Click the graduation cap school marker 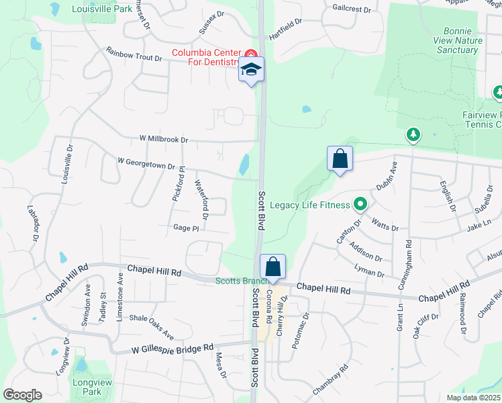click(251, 70)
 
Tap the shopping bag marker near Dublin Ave click(340, 159)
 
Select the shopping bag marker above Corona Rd click(272, 267)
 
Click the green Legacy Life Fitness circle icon click(360, 204)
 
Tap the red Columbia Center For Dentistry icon click(250, 54)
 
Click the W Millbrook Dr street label click(164, 139)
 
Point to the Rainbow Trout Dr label click(134, 54)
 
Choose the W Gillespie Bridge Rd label click(172, 349)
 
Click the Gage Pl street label click(186, 228)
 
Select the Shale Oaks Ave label click(152, 326)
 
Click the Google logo click(23, 395)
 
